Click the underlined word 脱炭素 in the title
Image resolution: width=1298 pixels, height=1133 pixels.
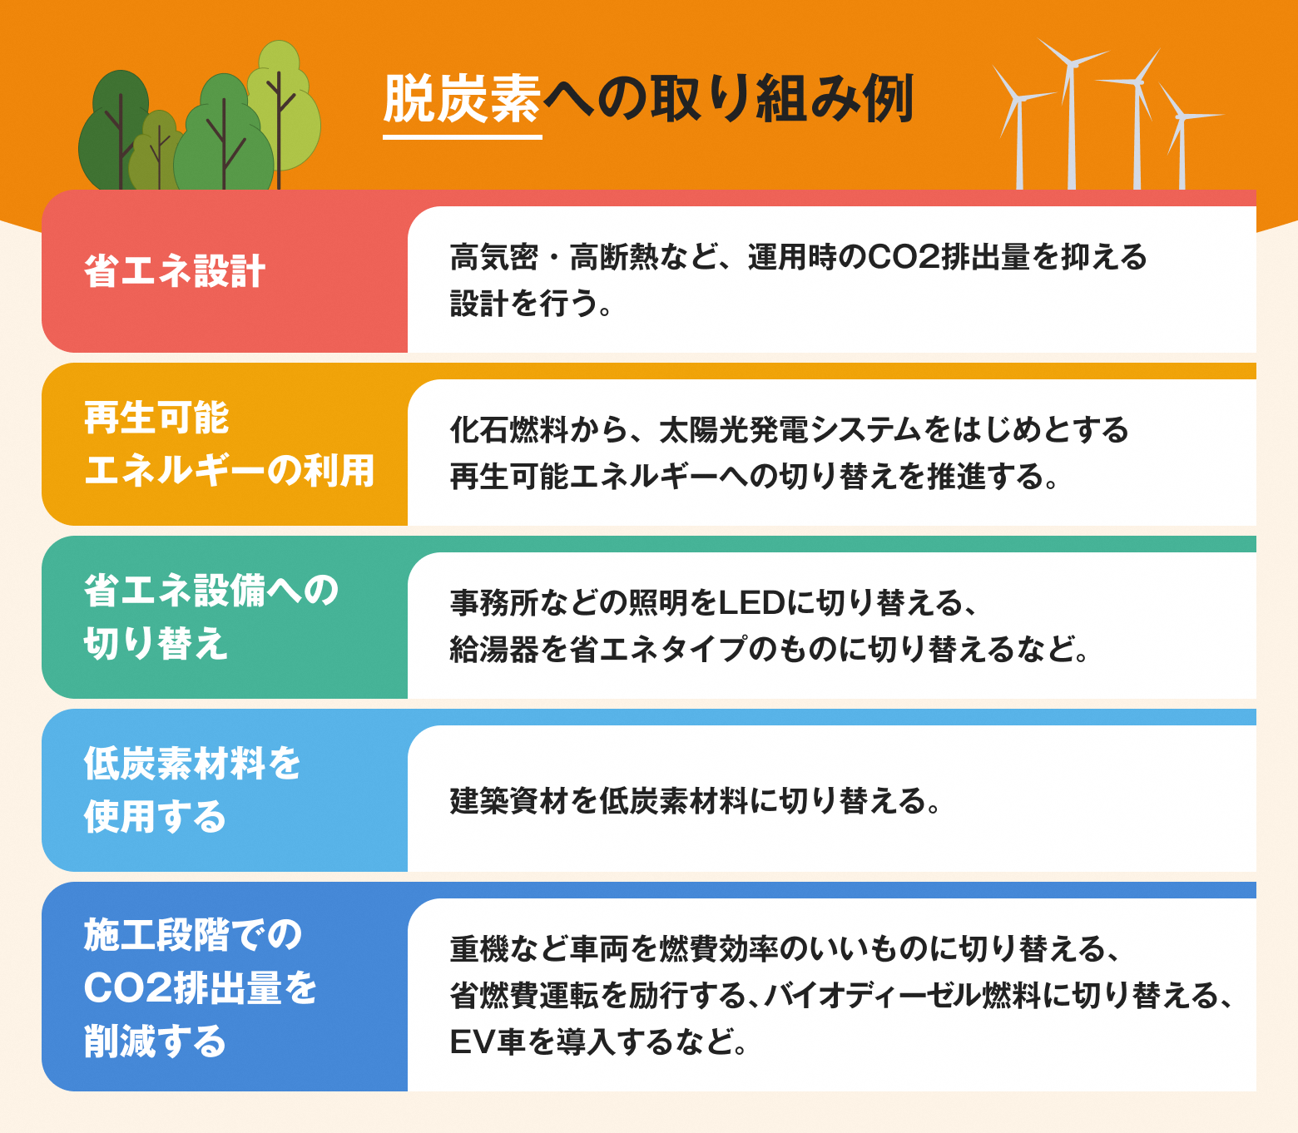tap(462, 99)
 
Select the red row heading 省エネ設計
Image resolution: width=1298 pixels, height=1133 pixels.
tap(175, 271)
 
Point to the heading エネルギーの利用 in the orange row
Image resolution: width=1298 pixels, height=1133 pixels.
tap(229, 471)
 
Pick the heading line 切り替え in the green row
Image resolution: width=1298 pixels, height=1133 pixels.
tap(156, 644)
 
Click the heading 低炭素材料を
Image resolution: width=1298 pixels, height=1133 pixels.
tap(192, 763)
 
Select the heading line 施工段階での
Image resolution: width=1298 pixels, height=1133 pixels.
tap(193, 934)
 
